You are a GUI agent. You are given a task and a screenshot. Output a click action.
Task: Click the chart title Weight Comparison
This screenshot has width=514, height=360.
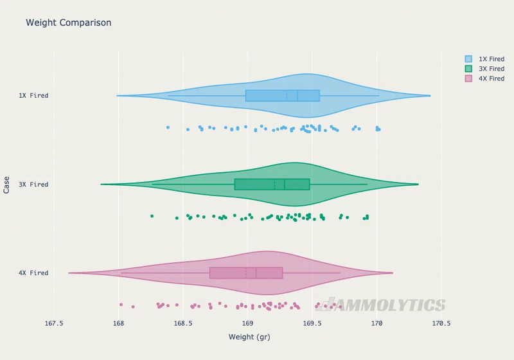69,22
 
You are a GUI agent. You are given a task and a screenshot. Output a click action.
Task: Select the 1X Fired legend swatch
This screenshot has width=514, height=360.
468,59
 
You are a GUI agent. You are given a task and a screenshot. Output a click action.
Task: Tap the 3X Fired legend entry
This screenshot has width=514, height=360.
485,69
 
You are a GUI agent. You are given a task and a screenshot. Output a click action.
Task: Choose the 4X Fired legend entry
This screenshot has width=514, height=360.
485,78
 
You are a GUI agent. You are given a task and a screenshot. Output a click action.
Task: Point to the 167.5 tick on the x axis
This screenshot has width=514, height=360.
54,323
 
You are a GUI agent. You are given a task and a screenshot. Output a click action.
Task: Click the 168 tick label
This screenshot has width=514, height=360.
118,323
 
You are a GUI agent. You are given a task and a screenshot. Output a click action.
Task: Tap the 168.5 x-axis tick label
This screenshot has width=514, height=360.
183,323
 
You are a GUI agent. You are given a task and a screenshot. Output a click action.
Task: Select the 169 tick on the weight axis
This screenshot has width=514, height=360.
247,323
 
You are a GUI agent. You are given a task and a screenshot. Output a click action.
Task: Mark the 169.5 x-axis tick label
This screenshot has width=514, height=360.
312,323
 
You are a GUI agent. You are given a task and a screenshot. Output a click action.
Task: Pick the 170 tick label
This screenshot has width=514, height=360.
377,323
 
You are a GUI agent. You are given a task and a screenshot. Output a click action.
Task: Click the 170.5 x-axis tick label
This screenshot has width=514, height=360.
441,323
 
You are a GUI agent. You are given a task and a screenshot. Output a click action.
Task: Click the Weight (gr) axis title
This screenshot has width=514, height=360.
249,337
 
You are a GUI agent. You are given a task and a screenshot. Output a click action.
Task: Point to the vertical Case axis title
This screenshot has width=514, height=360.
6,185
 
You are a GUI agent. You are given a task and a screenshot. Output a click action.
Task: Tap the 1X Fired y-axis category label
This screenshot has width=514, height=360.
33,96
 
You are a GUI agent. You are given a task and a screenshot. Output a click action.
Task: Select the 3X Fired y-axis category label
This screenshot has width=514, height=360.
33,184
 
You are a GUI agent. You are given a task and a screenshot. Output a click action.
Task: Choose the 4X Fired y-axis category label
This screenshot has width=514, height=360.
33,273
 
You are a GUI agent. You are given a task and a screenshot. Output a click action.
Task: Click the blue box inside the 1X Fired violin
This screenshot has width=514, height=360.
283,96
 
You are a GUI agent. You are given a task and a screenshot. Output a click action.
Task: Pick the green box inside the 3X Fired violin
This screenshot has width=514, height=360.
272,184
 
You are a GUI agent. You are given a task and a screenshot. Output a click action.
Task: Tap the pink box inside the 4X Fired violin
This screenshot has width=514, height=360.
246,273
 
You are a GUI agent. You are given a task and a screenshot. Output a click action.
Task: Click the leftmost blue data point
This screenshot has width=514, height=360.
168,127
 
